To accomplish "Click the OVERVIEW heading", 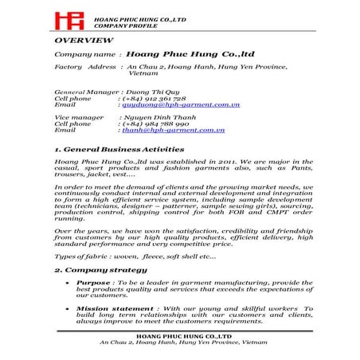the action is click(84, 39).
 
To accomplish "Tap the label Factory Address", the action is click(85, 66).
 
